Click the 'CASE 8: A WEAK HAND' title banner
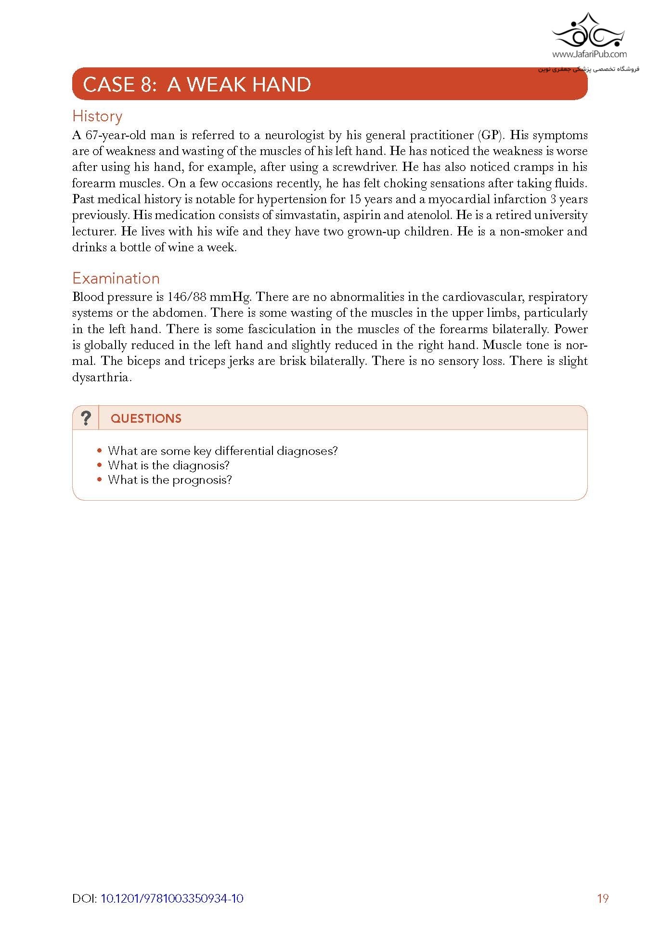pyautogui.click(x=197, y=85)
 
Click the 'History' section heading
pyautogui.click(x=97, y=116)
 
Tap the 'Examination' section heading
pyautogui.click(x=116, y=278)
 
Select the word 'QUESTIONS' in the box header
pyautogui.click(x=146, y=418)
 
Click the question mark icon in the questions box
pyautogui.click(x=86, y=418)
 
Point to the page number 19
pyautogui.click(x=602, y=898)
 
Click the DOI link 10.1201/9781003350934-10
pyautogui.click(x=172, y=898)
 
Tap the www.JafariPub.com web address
pyautogui.click(x=589, y=54)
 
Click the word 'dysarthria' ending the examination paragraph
pyautogui.click(x=102, y=377)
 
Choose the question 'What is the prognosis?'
pyautogui.click(x=169, y=480)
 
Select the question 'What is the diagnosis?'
pyautogui.click(x=168, y=466)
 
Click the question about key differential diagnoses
pyautogui.click(x=222, y=451)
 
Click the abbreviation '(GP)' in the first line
pyautogui.click(x=490, y=135)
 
